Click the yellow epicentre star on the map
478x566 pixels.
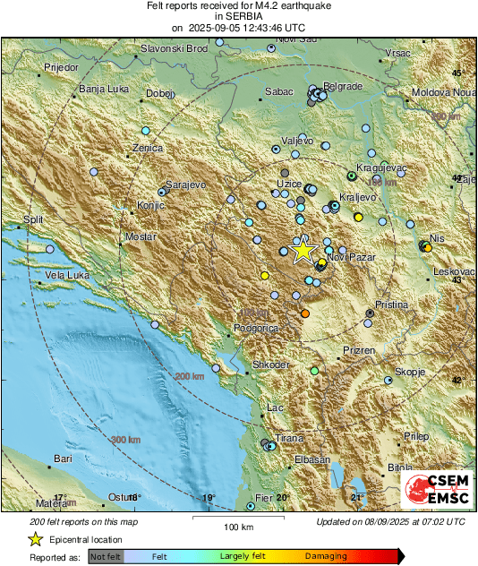(303, 250)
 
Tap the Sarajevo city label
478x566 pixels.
(186, 183)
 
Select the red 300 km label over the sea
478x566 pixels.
(124, 440)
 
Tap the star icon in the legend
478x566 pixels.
(35, 539)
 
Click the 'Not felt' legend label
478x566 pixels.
(107, 557)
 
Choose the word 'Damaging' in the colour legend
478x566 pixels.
(326, 557)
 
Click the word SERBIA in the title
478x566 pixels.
(238, 16)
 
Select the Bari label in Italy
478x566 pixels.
(63, 459)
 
